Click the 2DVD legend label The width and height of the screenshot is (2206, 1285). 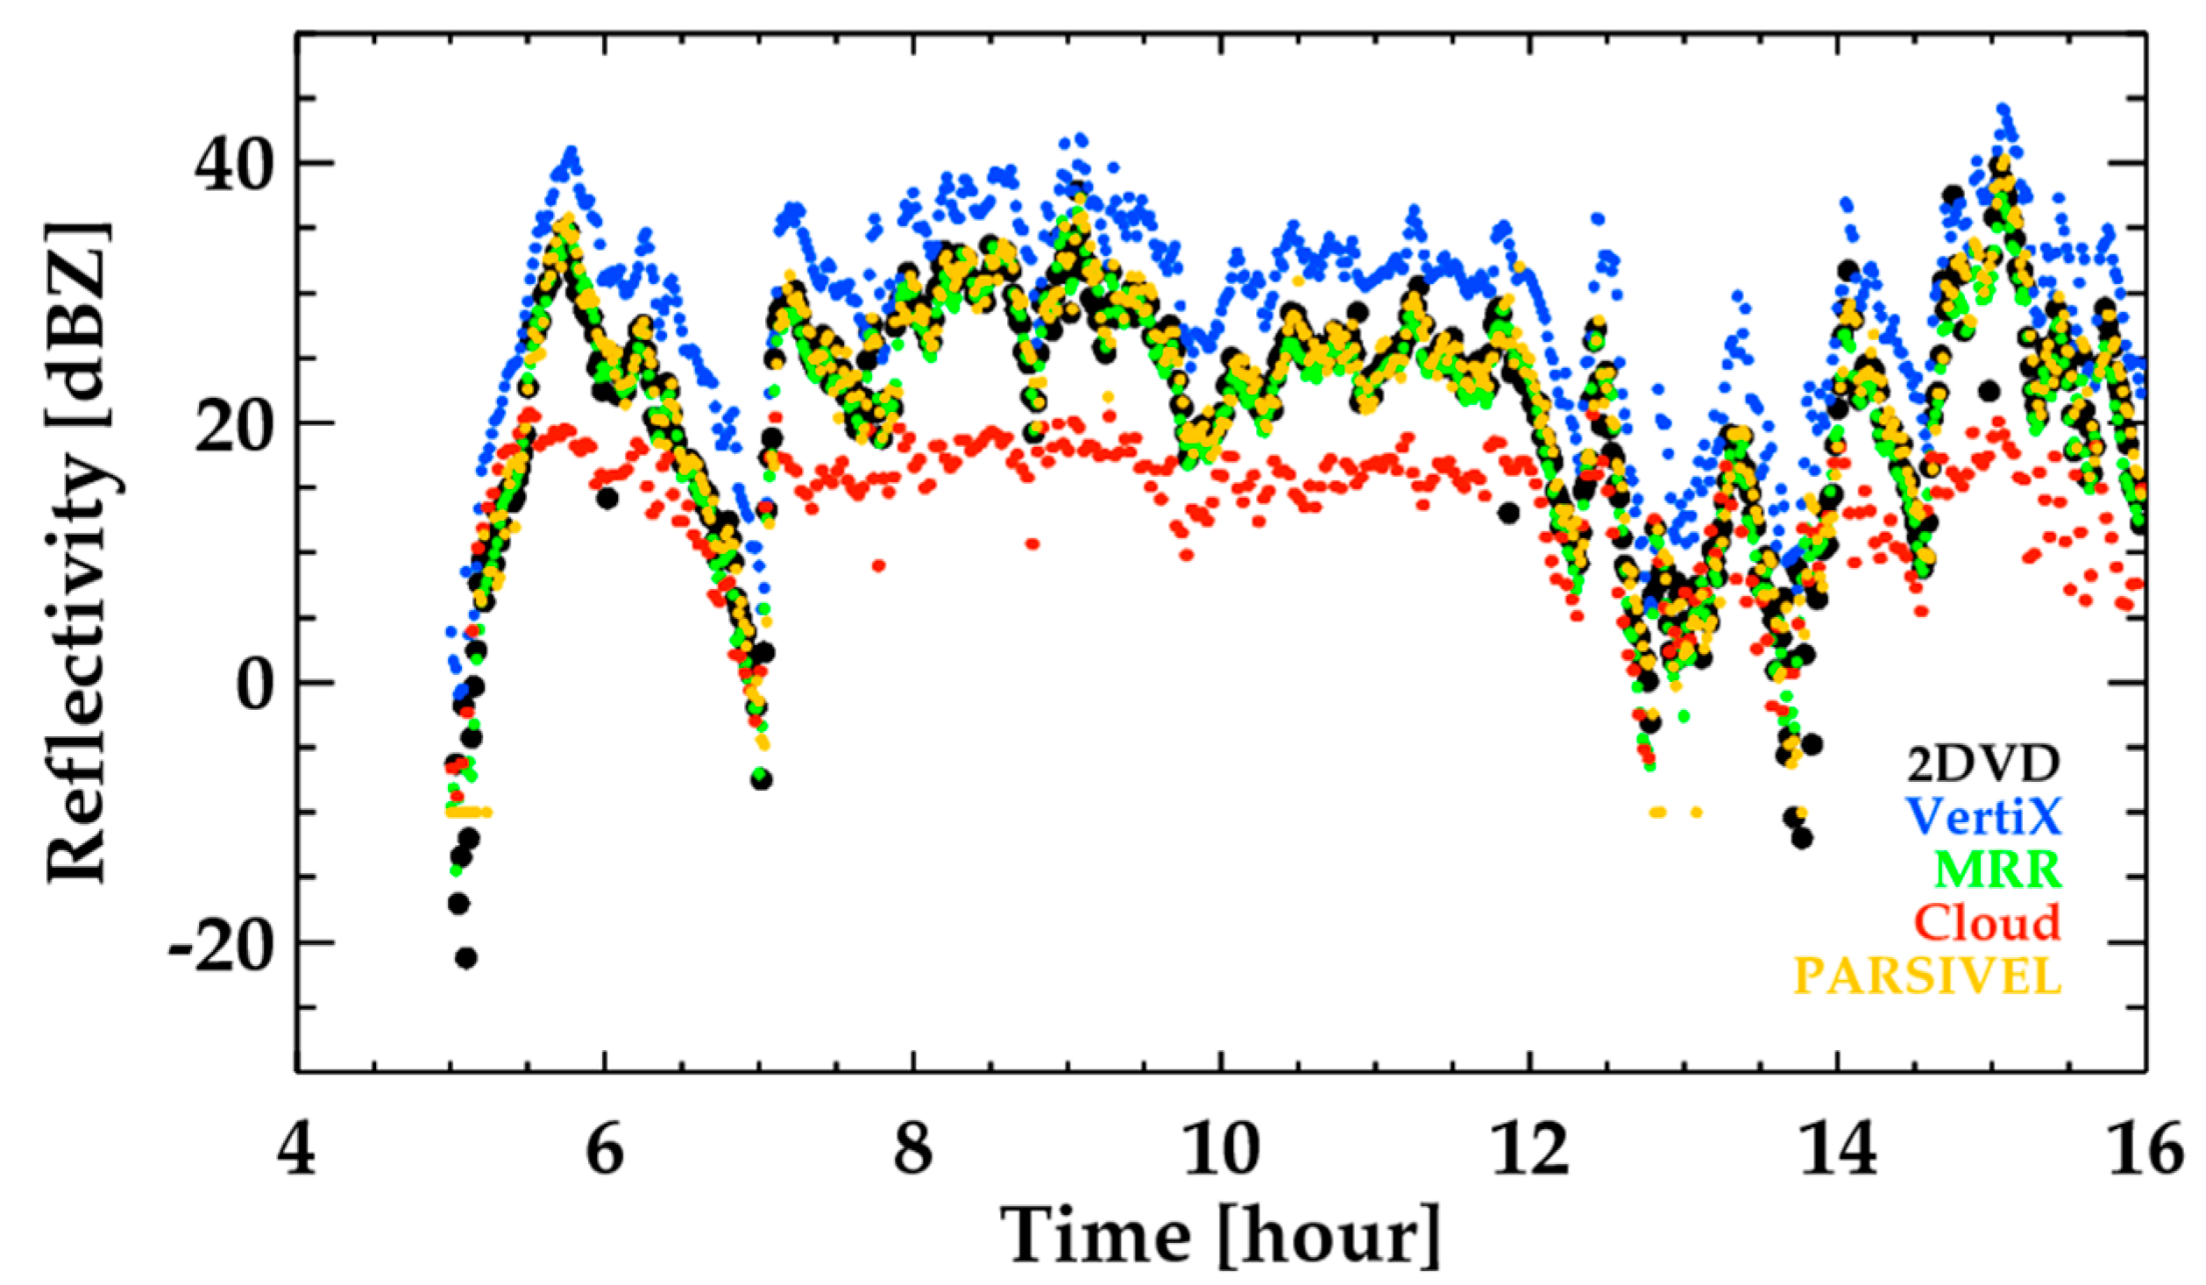1983,765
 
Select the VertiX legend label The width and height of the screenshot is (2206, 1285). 1983,817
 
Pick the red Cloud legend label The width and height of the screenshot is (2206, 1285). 1986,922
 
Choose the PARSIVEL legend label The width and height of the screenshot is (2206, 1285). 1926,976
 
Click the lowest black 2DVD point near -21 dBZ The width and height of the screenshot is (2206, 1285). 466,958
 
